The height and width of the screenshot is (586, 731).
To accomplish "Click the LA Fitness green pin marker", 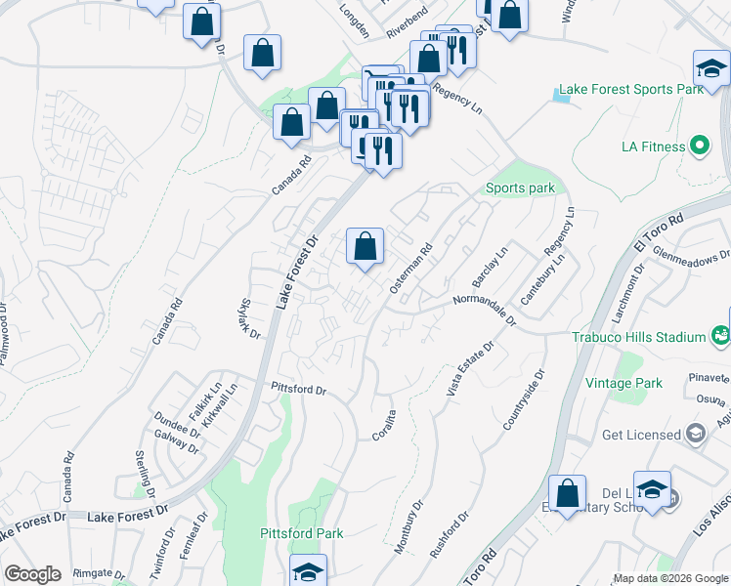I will pyautogui.click(x=698, y=147).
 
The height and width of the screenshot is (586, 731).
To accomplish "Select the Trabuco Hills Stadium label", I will pyautogui.click(x=639, y=337).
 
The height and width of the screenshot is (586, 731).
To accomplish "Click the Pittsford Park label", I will pyautogui.click(x=302, y=534).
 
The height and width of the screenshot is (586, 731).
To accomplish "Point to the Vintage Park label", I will pyautogui.click(x=624, y=384).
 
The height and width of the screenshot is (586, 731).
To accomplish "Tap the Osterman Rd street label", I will pyautogui.click(x=410, y=270).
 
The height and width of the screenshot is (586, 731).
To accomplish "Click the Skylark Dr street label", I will pyautogui.click(x=249, y=318).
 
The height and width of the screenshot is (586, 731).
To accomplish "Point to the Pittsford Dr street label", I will pyautogui.click(x=298, y=389).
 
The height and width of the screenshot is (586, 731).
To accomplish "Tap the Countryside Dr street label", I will pyautogui.click(x=521, y=400).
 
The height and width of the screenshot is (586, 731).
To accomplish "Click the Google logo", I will pyautogui.click(x=32, y=574).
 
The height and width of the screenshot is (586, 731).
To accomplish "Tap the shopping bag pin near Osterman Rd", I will pyautogui.click(x=365, y=248).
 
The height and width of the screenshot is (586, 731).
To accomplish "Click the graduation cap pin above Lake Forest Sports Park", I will pyautogui.click(x=711, y=68).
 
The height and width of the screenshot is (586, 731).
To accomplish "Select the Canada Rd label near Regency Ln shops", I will pyautogui.click(x=291, y=174).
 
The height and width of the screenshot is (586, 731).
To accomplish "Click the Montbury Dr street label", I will pyautogui.click(x=408, y=528).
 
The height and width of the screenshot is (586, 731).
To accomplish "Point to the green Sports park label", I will pyautogui.click(x=520, y=188).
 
